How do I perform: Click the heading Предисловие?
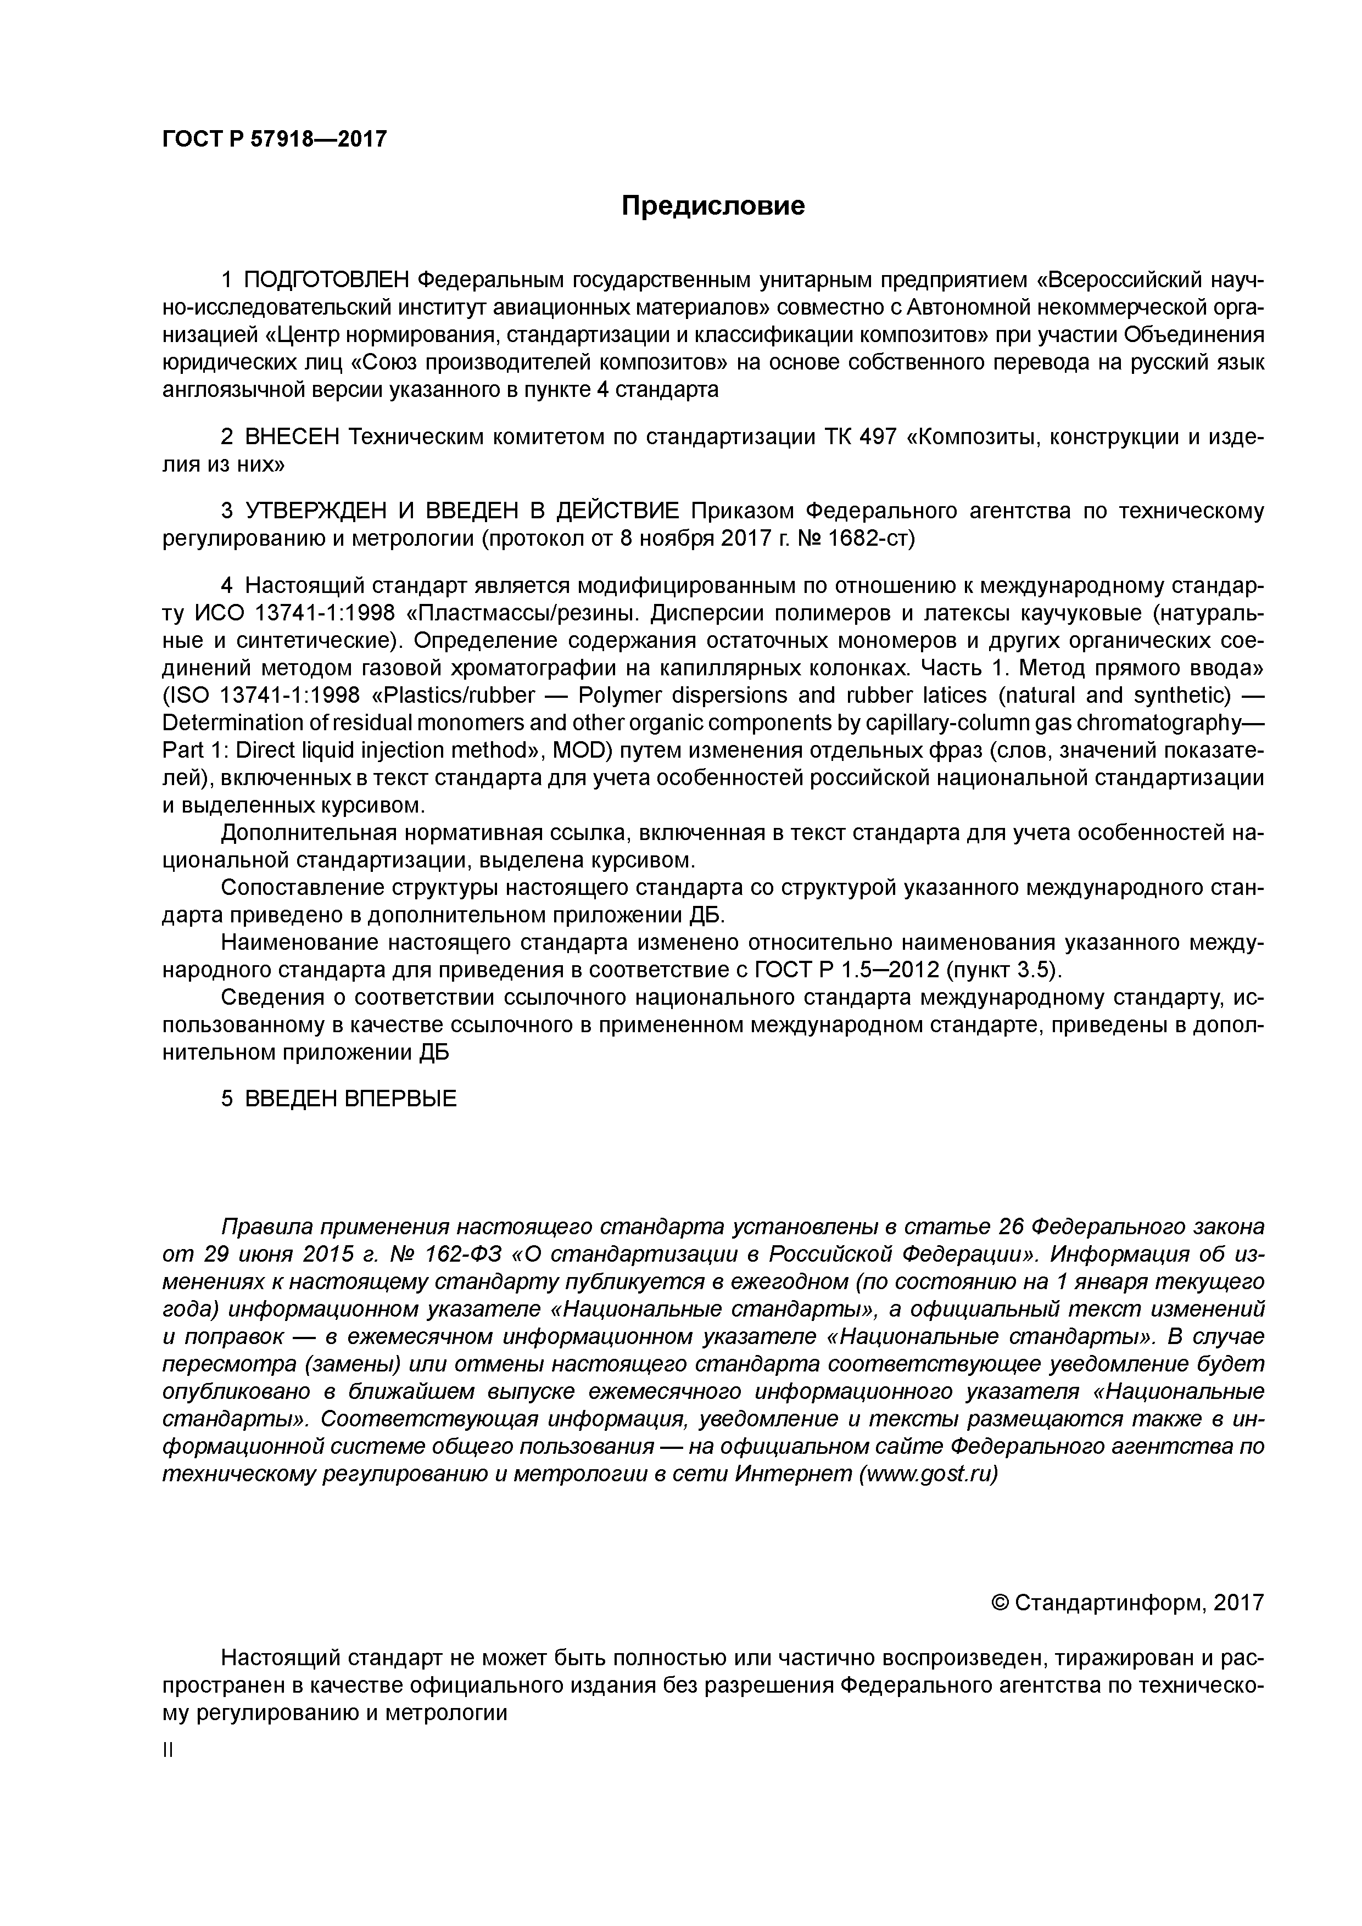[x=712, y=205]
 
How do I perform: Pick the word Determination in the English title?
[x=232, y=723]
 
